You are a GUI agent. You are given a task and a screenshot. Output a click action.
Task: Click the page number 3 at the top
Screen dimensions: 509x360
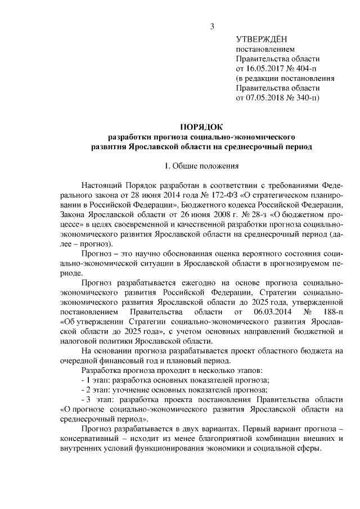coord(212,25)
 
